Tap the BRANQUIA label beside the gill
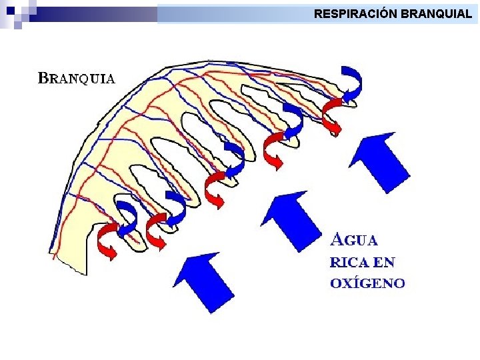(76, 78)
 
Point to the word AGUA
(355, 239)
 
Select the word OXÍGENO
(367, 283)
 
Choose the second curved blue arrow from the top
(293, 120)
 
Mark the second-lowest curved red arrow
(157, 231)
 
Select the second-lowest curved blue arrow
(175, 207)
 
